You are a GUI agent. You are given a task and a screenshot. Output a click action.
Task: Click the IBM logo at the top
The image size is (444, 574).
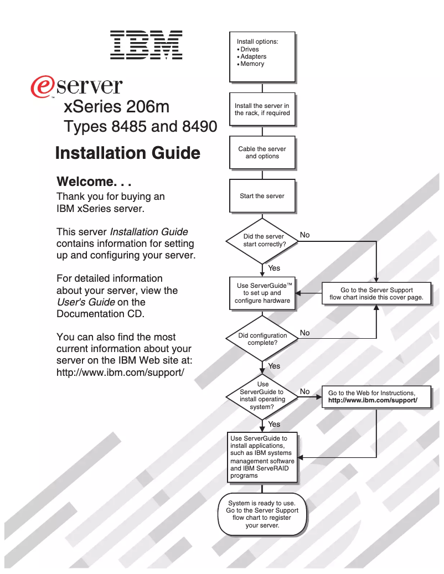[146, 44]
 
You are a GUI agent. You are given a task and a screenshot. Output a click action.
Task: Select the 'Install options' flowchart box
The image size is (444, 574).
[262, 56]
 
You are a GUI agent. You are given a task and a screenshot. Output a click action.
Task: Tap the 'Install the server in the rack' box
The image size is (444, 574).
[262, 109]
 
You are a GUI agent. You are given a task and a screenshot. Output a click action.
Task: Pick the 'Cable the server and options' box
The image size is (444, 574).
[262, 152]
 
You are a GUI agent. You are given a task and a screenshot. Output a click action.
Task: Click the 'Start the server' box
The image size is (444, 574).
[262, 196]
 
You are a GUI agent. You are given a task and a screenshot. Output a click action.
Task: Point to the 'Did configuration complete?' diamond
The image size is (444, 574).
[262, 339]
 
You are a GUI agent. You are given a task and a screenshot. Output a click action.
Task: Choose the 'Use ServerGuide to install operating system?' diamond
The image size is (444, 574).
[263, 395]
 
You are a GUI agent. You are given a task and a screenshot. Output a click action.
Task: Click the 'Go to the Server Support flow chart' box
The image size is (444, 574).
[376, 293]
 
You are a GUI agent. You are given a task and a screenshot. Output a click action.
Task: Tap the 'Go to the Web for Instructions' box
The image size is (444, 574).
[376, 396]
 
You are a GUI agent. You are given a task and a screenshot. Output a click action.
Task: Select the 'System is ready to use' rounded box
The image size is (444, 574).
[262, 514]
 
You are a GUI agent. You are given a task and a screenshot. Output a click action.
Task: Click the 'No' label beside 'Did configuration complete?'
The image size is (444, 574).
[304, 333]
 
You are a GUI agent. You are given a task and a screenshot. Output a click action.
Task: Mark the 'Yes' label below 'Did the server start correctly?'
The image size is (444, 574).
[274, 268]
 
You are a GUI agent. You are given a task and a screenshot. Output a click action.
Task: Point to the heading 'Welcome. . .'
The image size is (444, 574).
[94, 182]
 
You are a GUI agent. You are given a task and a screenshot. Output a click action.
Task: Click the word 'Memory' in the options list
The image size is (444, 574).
[252, 64]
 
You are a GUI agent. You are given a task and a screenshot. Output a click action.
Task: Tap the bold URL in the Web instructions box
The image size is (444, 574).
[373, 400]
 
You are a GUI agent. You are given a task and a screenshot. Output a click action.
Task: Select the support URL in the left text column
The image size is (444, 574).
[120, 372]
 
